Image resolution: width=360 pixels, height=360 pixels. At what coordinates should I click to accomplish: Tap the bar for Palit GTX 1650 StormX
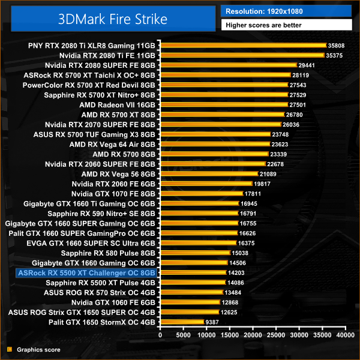182,322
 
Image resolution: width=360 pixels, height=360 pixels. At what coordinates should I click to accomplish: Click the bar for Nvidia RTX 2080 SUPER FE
228,65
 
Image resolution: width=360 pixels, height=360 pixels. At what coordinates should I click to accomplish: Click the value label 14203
236,272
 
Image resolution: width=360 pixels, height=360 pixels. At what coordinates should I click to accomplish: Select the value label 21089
268,173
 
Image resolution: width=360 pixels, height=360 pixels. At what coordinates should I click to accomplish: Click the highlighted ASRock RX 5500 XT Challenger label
87,272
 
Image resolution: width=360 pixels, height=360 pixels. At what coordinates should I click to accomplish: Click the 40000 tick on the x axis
345,335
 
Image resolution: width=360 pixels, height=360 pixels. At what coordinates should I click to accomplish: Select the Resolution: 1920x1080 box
286,11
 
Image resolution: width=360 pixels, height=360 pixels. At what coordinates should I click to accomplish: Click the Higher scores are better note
286,25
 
